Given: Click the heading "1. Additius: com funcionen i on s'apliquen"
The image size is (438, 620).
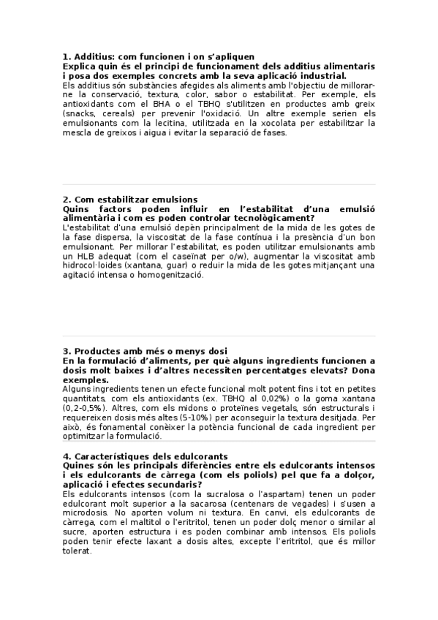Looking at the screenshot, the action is point(159,56).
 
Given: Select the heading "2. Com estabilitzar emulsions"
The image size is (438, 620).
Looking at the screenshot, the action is point(130,200).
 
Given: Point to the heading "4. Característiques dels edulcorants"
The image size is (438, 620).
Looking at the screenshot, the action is point(146,456).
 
